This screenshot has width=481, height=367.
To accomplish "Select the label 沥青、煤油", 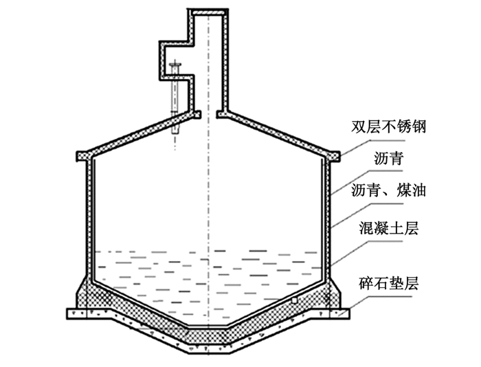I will click(388, 190).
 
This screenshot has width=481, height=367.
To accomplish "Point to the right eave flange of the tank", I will click(333, 156).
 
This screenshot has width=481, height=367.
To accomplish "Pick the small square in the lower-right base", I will click(295, 300).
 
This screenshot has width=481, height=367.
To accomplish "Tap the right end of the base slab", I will click(344, 313).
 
